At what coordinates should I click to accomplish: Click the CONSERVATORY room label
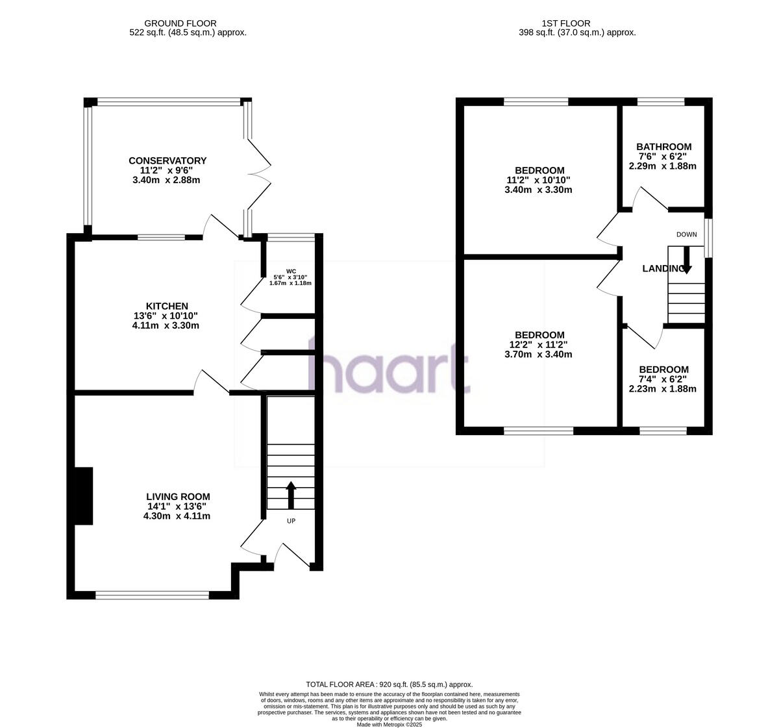click(x=167, y=161)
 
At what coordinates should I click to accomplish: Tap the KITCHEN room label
click(x=167, y=307)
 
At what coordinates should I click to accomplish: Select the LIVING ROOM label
click(x=177, y=497)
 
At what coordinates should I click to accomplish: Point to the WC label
click(x=291, y=271)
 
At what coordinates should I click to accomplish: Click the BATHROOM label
click(x=663, y=147)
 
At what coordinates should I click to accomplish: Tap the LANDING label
click(x=662, y=269)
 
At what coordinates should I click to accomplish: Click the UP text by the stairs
click(x=291, y=521)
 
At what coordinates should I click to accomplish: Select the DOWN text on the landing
click(x=686, y=234)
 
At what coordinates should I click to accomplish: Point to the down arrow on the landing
click(x=686, y=262)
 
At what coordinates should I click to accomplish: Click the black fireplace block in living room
click(x=84, y=496)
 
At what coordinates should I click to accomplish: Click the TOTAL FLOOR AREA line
click(x=389, y=684)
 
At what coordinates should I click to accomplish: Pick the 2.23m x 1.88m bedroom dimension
click(x=662, y=389)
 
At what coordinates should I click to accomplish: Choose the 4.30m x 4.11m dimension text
click(x=177, y=516)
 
